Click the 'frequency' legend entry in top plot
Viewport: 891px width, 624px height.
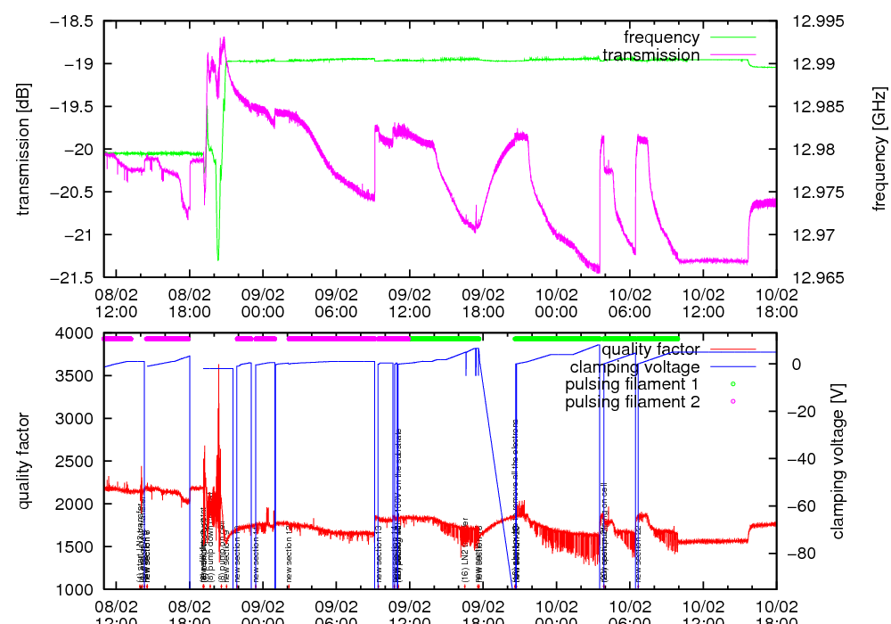[661, 37]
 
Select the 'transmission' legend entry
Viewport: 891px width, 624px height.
[650, 55]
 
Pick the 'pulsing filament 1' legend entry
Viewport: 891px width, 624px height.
[632, 385]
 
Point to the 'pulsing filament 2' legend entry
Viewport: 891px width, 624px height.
[632, 403]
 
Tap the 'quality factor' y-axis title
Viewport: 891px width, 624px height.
[24, 461]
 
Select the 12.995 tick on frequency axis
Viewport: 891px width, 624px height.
[809, 21]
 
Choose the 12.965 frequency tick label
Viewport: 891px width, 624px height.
[809, 277]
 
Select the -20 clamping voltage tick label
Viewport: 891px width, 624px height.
[799, 412]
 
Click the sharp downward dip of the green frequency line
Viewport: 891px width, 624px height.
[217, 259]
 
